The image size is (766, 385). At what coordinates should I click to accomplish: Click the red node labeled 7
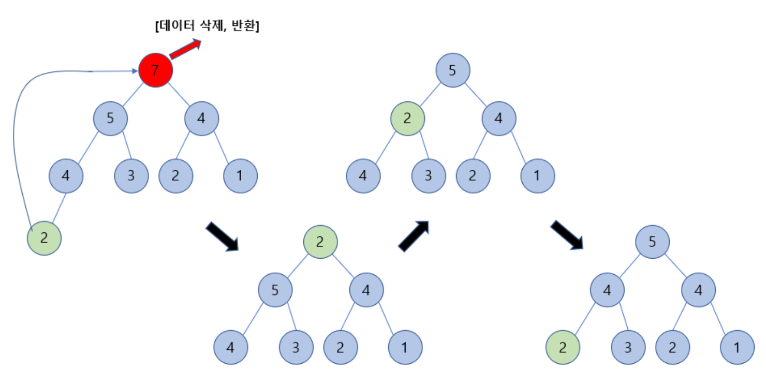[155, 70]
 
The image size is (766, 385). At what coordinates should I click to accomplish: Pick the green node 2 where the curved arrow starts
[44, 238]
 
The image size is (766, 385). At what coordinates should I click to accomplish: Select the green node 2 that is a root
[320, 242]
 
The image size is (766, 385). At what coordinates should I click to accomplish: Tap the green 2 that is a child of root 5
[407, 119]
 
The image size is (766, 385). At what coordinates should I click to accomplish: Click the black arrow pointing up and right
[414, 235]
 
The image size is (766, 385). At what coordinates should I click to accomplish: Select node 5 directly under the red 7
[110, 119]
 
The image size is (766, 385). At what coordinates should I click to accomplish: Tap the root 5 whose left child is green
[452, 70]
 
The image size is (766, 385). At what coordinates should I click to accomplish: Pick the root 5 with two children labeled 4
[652, 242]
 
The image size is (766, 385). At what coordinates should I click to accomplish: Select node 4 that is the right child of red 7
[201, 119]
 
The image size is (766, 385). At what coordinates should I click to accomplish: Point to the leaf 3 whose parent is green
[429, 175]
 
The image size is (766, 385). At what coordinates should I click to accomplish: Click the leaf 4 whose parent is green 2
[363, 175]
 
